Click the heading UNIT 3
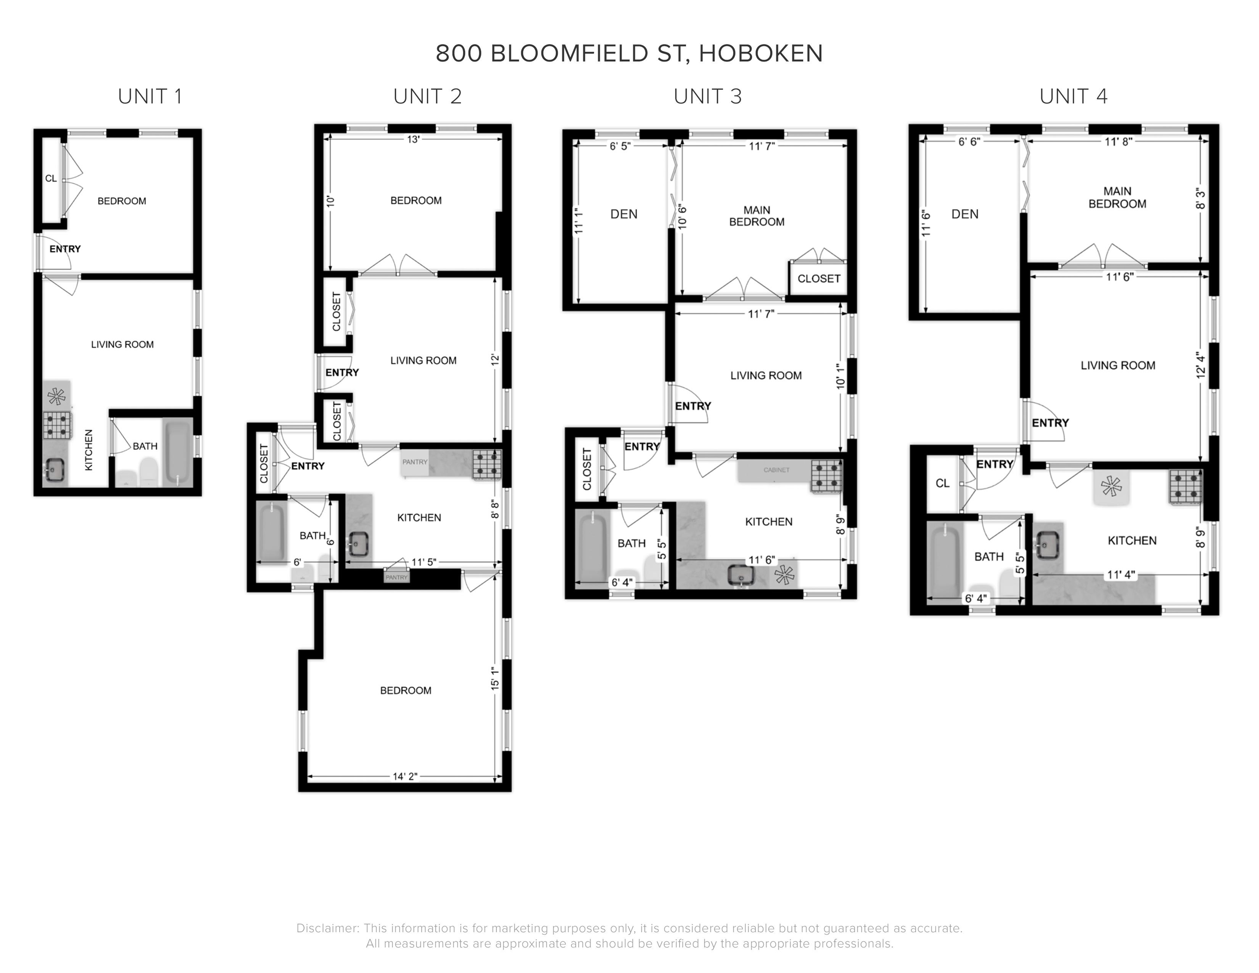pos(707,97)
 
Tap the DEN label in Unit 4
pos(965,215)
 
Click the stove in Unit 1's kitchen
pos(57,425)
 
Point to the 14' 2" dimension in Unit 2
pos(405,777)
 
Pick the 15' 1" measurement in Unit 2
pos(495,679)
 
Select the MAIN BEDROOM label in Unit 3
pos(756,216)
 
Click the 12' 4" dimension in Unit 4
pos(1201,365)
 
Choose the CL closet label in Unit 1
pos(51,179)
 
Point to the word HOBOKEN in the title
pos(761,54)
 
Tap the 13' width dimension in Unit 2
pos(413,139)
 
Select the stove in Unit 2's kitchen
pos(487,465)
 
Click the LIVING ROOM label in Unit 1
pos(122,345)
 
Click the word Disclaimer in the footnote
pos(327,929)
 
